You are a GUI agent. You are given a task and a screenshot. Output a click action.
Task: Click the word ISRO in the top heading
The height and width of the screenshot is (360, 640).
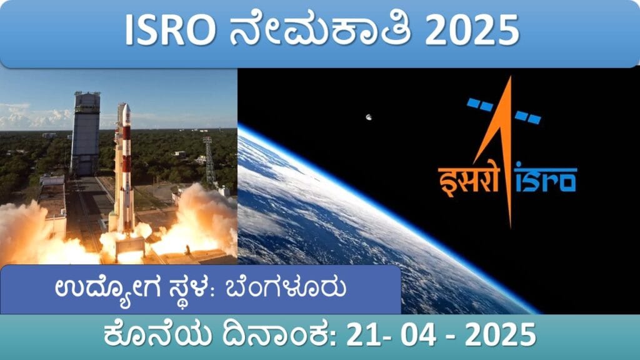click(170, 31)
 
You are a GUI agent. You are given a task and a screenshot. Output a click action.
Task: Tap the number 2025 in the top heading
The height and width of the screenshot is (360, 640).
click(472, 31)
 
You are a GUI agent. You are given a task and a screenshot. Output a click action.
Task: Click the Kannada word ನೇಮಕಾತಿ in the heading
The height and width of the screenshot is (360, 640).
click(320, 30)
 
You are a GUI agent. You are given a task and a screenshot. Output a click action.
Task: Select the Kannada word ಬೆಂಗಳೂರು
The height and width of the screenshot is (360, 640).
click(286, 287)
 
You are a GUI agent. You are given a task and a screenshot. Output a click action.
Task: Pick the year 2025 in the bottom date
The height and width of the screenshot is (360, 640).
click(501, 335)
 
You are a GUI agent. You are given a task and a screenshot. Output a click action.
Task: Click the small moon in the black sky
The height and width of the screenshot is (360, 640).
click(369, 117)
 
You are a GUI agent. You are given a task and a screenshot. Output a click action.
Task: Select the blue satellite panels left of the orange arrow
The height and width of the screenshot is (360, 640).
click(480, 104)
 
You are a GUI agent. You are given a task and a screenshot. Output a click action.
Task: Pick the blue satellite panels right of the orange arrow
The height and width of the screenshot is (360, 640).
click(527, 117)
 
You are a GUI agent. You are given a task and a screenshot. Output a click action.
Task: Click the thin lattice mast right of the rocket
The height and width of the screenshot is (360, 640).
click(209, 162)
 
